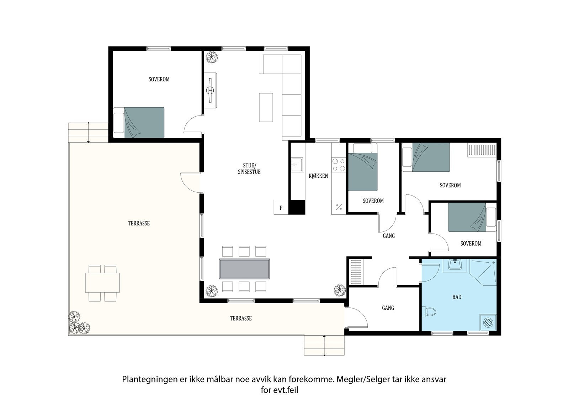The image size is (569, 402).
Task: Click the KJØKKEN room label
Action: click(318, 176)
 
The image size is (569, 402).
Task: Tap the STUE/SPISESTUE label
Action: click(249, 168)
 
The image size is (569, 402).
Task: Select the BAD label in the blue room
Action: click(457, 297)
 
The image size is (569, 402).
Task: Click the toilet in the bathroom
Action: click(429, 312)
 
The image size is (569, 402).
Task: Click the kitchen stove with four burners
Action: click(338, 165)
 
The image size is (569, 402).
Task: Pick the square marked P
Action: click(281, 208)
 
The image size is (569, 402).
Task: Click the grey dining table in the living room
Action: click(245, 269)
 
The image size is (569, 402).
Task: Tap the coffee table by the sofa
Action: click(266, 107)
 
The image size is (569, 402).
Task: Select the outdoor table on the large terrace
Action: click(102, 282)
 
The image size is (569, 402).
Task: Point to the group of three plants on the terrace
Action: click(79, 323)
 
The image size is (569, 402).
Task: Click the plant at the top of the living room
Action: click(212, 57)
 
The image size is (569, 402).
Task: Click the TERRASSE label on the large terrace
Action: click(139, 223)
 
